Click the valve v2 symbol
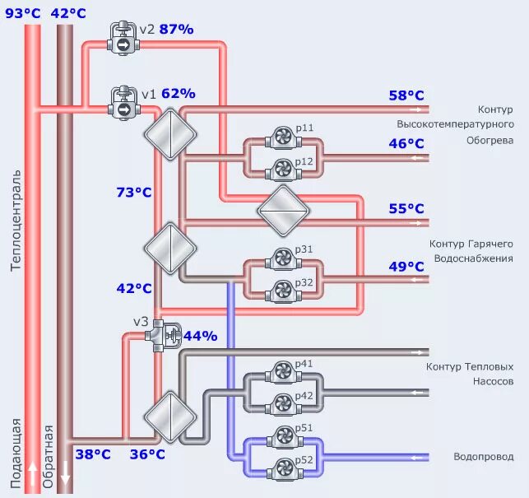(123, 39)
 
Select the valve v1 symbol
(123, 102)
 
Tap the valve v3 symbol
(169, 333)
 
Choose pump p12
(282, 170)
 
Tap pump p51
(282, 436)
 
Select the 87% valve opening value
(176, 30)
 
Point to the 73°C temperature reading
(133, 192)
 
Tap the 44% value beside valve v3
(200, 336)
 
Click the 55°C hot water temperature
(406, 208)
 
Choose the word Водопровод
(484, 457)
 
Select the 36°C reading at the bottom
(147, 454)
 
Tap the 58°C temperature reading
(406, 95)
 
